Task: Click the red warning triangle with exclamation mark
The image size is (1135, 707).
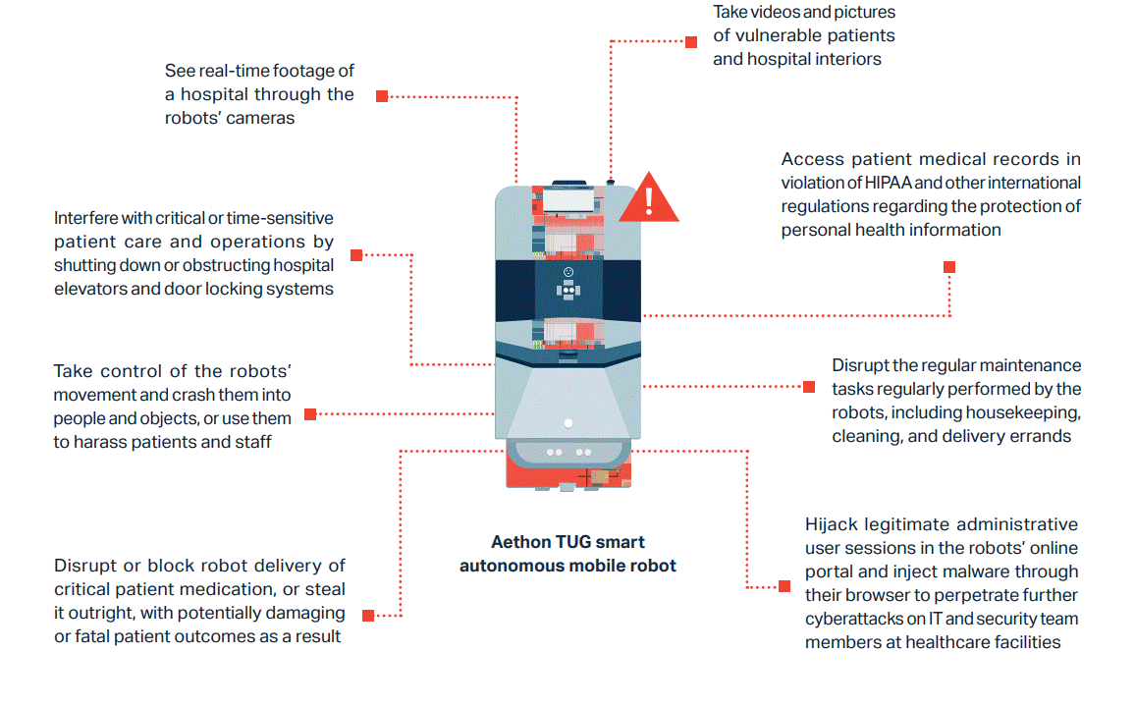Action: [x=649, y=197]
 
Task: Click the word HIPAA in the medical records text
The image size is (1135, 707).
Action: [x=888, y=183]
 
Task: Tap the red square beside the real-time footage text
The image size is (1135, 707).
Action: [x=382, y=96]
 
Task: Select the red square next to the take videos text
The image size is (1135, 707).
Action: [x=691, y=42]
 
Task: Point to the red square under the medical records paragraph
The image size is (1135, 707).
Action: [x=949, y=267]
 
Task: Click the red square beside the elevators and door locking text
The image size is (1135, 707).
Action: [x=356, y=255]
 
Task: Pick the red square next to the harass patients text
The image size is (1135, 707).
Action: [x=310, y=414]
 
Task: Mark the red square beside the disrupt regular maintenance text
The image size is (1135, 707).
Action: [x=809, y=387]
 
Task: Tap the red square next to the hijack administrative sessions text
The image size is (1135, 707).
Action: [x=784, y=586]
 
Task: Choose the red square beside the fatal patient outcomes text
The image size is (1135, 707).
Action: [x=368, y=615]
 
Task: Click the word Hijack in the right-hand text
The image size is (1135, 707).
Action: [x=832, y=524]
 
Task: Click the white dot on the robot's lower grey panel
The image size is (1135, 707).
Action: [x=568, y=423]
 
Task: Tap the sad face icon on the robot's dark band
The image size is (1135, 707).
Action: [x=568, y=272]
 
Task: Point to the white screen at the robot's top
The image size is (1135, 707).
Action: [x=568, y=199]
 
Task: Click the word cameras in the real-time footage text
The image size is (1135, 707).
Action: [x=263, y=118]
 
